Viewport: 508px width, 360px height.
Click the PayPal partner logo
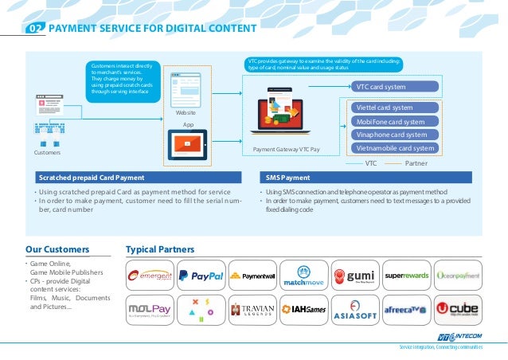(x=200, y=276)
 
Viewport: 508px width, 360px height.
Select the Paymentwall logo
(x=252, y=276)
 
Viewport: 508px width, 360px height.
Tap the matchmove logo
(x=303, y=276)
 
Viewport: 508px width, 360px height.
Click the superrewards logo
(x=406, y=276)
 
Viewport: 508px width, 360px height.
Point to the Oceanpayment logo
(x=458, y=276)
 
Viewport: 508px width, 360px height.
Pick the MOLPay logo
(x=150, y=309)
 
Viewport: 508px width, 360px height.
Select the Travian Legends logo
(x=252, y=309)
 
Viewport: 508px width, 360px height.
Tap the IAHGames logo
(x=303, y=309)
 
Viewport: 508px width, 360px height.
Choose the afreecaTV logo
(x=406, y=309)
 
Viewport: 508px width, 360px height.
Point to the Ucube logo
(x=458, y=309)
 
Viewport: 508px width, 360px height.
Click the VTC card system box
(x=395, y=87)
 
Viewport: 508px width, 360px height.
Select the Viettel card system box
(x=395, y=108)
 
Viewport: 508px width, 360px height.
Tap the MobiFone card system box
(x=395, y=122)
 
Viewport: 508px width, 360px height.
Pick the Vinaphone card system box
(x=395, y=135)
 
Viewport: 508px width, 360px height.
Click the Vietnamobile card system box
(x=395, y=148)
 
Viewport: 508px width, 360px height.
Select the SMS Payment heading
(x=290, y=178)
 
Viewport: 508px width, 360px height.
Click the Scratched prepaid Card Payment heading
(x=92, y=178)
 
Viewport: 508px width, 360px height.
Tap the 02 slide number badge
(x=34, y=30)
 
